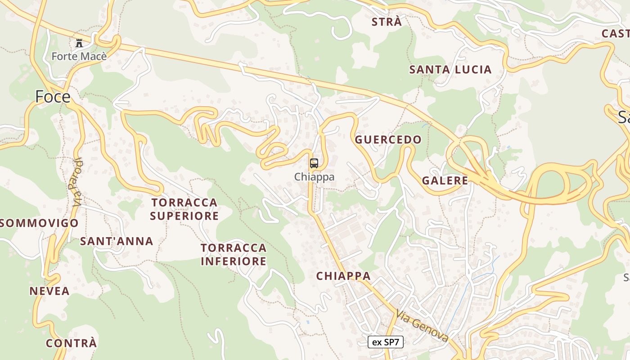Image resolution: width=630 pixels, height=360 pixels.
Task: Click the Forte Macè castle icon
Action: (x=80, y=43)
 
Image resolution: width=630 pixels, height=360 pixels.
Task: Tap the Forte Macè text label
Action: (x=79, y=56)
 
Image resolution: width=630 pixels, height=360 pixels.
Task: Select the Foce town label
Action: (x=53, y=97)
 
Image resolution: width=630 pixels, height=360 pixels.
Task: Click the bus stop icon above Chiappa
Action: (x=314, y=163)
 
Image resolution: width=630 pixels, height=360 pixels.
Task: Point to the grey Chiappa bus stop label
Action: (x=315, y=177)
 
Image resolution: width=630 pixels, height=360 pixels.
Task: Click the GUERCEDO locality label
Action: (x=388, y=139)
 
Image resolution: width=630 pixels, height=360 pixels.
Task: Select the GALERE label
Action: (x=445, y=181)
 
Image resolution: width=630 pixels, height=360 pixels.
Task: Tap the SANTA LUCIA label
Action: (x=450, y=70)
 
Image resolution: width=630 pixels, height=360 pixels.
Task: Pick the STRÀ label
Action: (x=387, y=22)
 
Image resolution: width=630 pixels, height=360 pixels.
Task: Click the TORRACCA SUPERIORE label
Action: (x=184, y=209)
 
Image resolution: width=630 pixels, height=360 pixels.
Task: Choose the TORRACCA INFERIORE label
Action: (x=234, y=254)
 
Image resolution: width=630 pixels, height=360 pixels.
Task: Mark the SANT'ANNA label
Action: (x=117, y=241)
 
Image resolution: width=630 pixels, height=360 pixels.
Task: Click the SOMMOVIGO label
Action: (x=40, y=223)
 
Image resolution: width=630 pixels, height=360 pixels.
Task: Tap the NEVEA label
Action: (x=49, y=291)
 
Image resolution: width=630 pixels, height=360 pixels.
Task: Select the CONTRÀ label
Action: (x=71, y=343)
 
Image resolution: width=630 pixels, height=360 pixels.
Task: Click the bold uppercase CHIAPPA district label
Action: (x=343, y=276)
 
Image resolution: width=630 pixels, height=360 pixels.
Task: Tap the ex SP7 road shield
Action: (x=386, y=342)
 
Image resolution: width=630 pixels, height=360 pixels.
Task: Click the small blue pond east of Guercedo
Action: (x=508, y=147)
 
